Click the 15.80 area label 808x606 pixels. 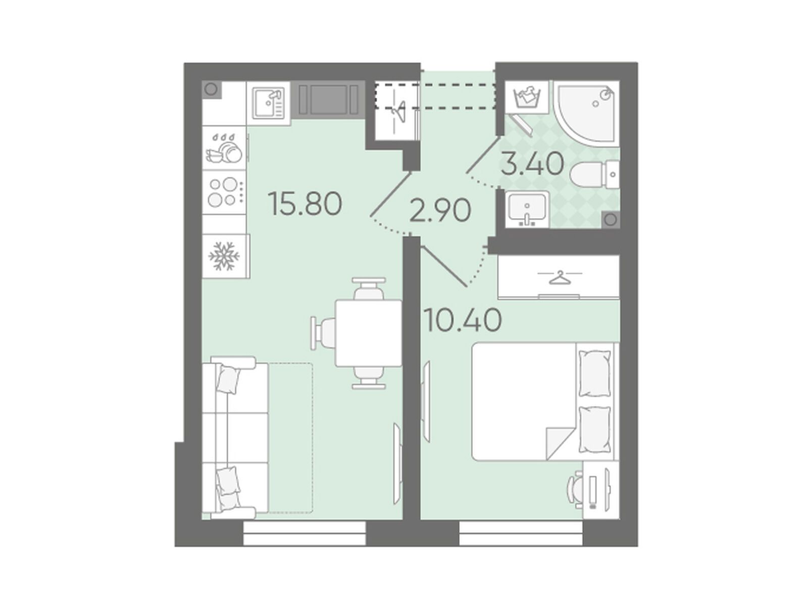coord(305,204)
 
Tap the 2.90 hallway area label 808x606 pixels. coord(440,210)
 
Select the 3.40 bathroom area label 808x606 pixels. coord(533,164)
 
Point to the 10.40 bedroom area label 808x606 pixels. coord(463,319)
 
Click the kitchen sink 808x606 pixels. coord(268,104)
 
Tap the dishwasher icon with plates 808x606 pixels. coord(224,148)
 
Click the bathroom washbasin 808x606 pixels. coord(527,209)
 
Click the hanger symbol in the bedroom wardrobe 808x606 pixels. coord(560,277)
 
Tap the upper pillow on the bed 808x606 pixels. coord(594,373)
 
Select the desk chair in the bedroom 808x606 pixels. coord(575,491)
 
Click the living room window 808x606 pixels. coord(305,533)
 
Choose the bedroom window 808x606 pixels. coord(521,533)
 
